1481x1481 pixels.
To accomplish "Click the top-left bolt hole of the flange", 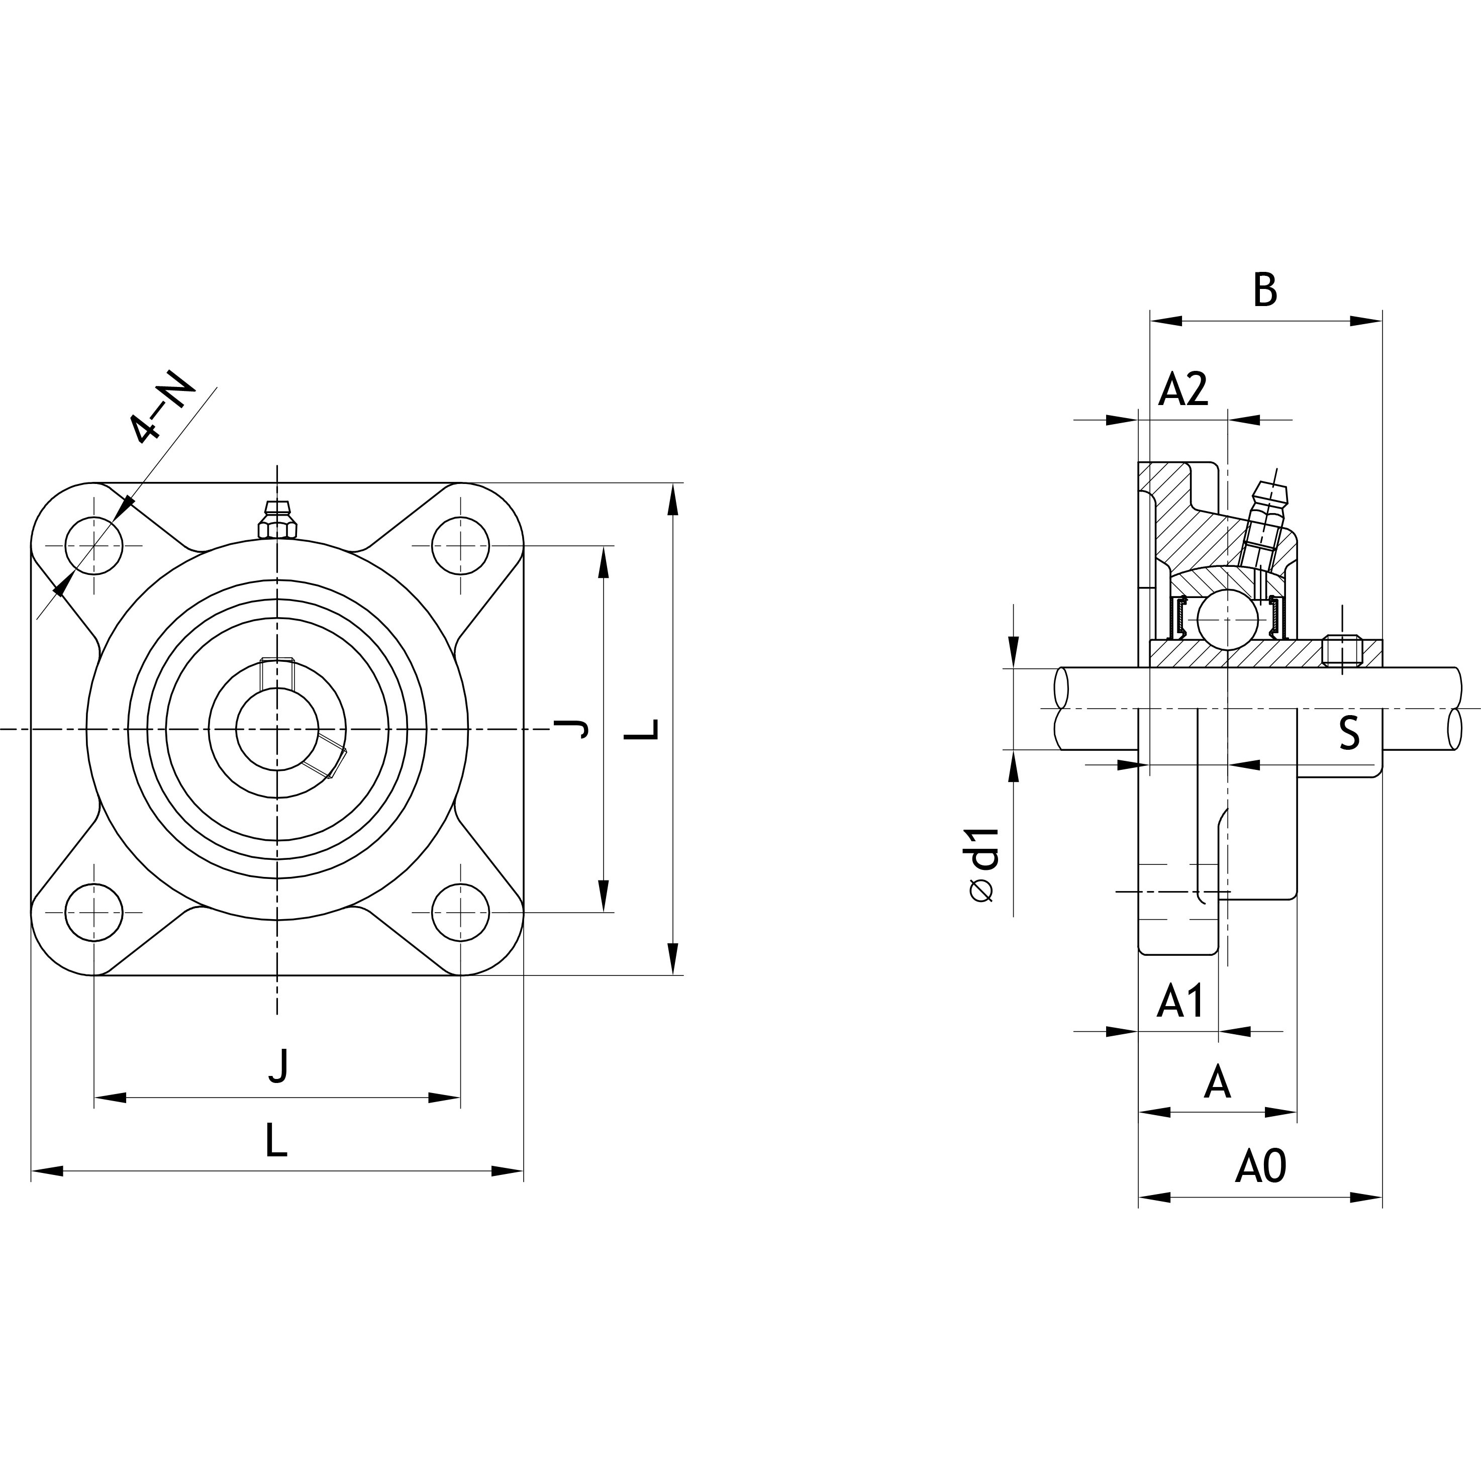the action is click(x=94, y=546).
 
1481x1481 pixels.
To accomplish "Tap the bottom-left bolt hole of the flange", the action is click(x=94, y=912).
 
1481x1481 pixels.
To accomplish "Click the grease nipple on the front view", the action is click(x=277, y=521).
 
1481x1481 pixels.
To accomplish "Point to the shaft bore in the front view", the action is click(x=277, y=729).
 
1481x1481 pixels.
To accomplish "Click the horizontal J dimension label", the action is click(x=279, y=1065).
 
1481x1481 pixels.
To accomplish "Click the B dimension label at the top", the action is click(x=1265, y=290).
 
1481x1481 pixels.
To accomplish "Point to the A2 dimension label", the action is click(x=1183, y=389).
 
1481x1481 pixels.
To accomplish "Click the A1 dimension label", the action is click(x=1180, y=1001).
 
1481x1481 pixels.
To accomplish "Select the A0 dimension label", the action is click(x=1260, y=1167).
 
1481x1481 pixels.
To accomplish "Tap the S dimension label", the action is click(x=1349, y=732).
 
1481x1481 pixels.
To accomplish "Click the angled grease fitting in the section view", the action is click(x=1265, y=521).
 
